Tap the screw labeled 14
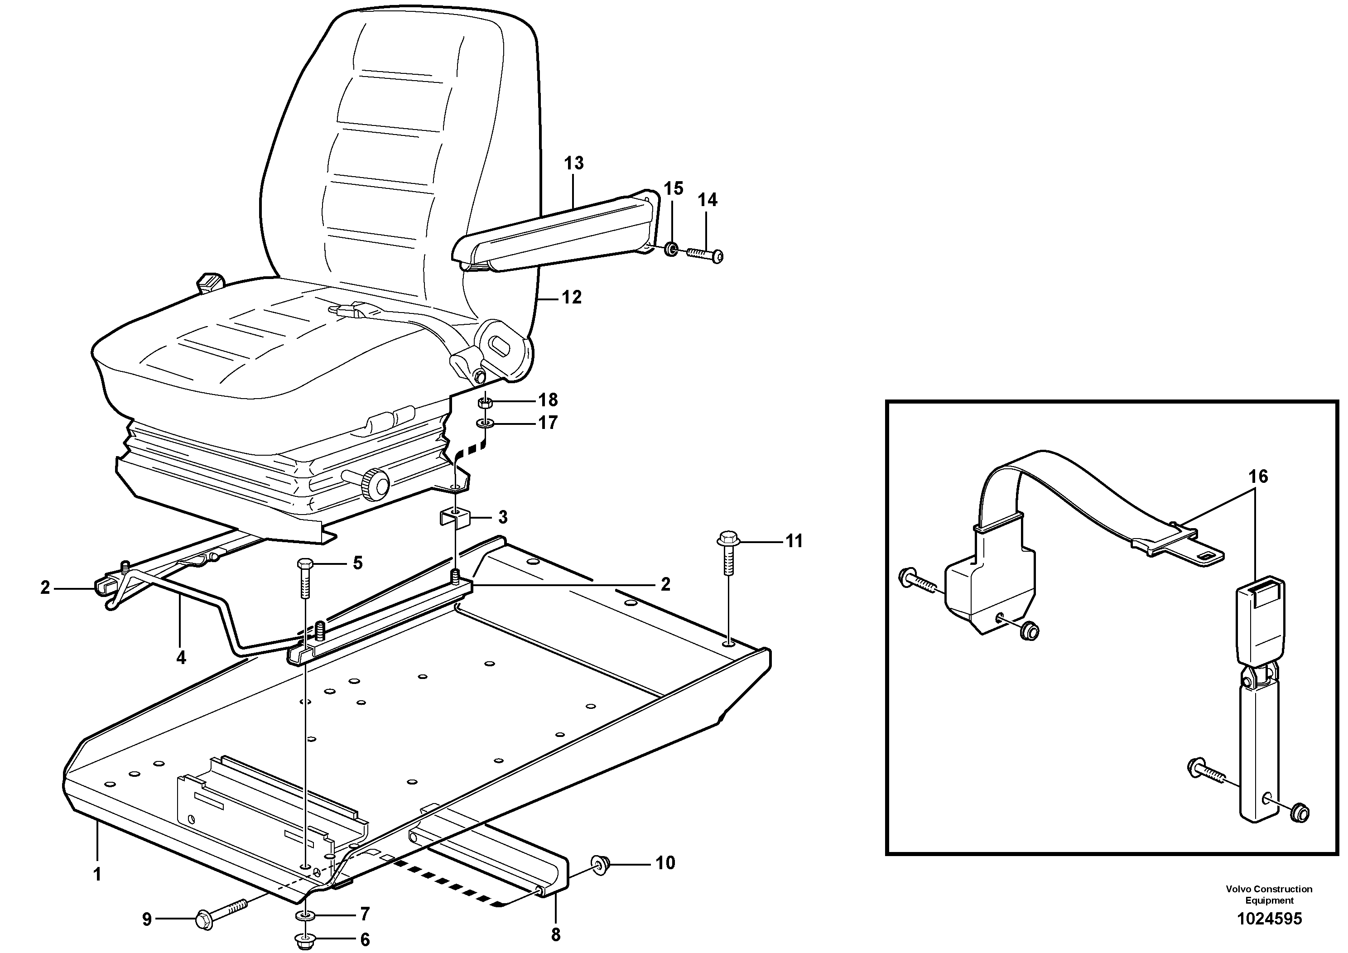[704, 254]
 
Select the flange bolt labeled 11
[727, 539]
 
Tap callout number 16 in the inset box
[1258, 476]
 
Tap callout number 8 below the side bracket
[555, 935]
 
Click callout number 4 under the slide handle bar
[181, 658]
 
